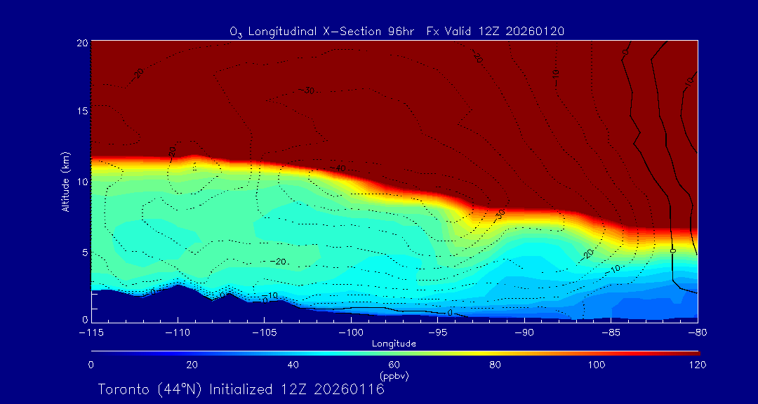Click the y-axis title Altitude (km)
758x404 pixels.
pyautogui.click(x=65, y=182)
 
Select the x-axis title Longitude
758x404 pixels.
pyautogui.click(x=394, y=344)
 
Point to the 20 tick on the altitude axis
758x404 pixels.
pyautogui.click(x=81, y=43)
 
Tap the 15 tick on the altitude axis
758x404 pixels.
pyautogui.click(x=81, y=112)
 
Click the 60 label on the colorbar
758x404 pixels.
pyautogui.click(x=394, y=365)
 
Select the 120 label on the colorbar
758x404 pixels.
pyautogui.click(x=697, y=365)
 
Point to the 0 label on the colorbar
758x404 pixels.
pyautogui.click(x=91, y=365)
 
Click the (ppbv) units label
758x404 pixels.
pyautogui.click(x=394, y=376)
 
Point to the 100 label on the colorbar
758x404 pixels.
pyautogui.click(x=596, y=365)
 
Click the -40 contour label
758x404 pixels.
pyautogui.click(x=339, y=169)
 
